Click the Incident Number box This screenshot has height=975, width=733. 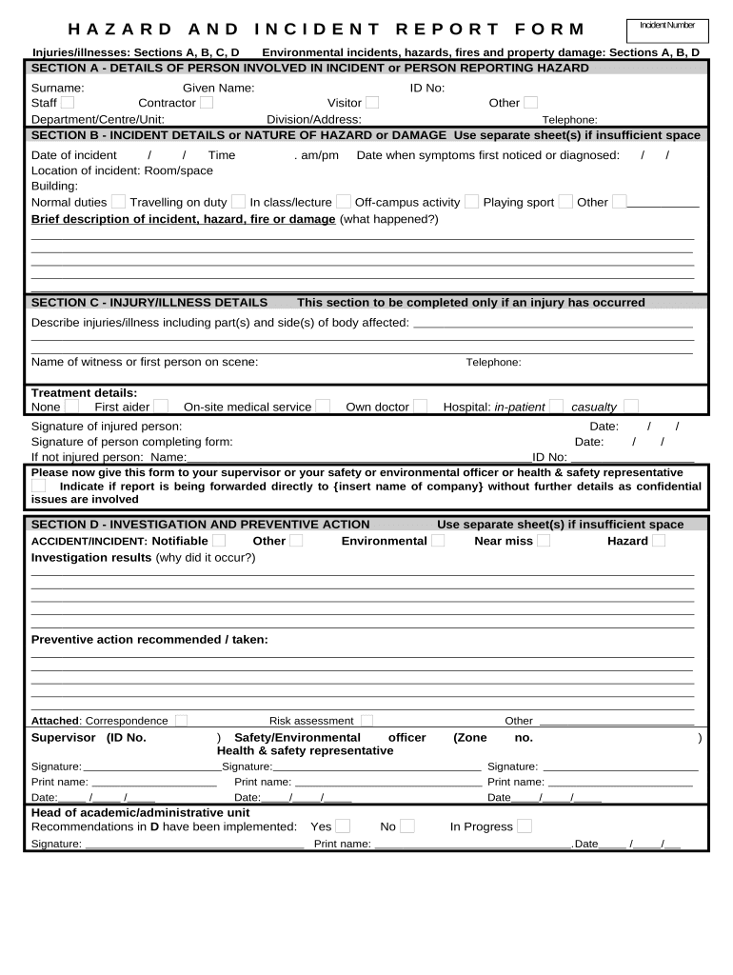pos(666,30)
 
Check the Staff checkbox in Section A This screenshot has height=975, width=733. pos(68,103)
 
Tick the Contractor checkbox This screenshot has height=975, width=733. pos(207,103)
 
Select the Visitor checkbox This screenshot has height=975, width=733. pos(372,103)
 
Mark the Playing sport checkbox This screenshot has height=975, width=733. pos(565,202)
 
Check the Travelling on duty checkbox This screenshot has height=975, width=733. pos(238,202)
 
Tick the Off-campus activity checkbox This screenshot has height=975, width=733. pos(471,202)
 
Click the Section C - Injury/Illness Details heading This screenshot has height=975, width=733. pos(149,303)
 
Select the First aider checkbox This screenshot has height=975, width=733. pos(161,407)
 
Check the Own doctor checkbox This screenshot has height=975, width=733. pos(420,407)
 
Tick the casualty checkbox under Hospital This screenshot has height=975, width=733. pos(631,407)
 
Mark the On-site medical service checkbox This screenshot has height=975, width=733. pos(323,407)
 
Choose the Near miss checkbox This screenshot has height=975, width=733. pos(543,541)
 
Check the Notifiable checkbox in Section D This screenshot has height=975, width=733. pos(219,541)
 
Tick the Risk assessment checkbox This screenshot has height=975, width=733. pos(366,721)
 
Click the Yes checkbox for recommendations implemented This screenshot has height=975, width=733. pos(343,826)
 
